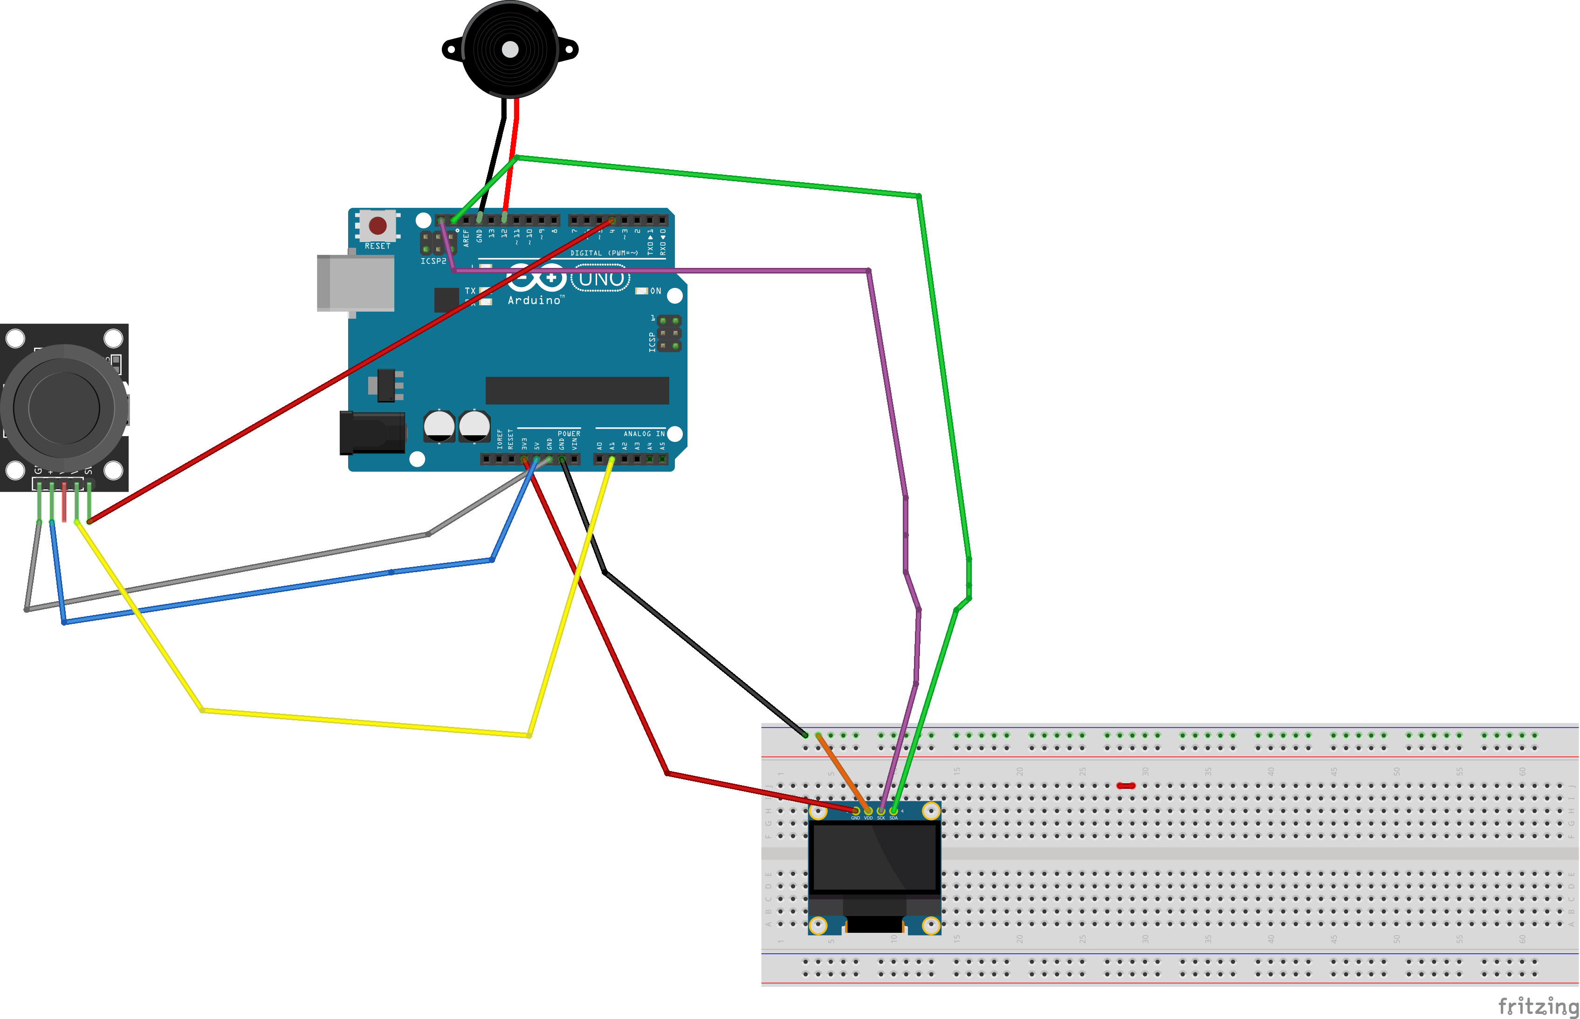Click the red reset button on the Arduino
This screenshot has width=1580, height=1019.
pyautogui.click(x=378, y=226)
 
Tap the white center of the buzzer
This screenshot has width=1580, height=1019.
pyautogui.click(x=510, y=49)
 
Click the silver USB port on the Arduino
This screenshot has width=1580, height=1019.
pyautogui.click(x=356, y=283)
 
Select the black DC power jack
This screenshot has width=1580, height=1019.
pyautogui.click(x=372, y=433)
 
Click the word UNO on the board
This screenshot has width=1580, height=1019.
pyautogui.click(x=601, y=279)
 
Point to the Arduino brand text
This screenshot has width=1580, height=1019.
pyautogui.click(x=536, y=301)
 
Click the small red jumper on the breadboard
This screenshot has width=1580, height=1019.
pyautogui.click(x=1126, y=786)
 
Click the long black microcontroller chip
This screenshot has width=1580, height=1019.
pyautogui.click(x=577, y=390)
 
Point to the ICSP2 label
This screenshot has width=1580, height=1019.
pyautogui.click(x=433, y=261)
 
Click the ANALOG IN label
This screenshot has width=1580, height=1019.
pyautogui.click(x=643, y=433)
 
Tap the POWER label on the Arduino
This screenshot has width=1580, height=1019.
pyautogui.click(x=569, y=433)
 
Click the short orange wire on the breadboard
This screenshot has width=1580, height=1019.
pyautogui.click(x=842, y=772)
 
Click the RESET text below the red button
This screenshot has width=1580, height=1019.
pyautogui.click(x=378, y=246)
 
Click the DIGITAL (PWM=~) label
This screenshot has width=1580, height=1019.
pyautogui.click(x=604, y=253)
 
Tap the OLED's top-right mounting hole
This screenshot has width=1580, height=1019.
pyautogui.click(x=931, y=811)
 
